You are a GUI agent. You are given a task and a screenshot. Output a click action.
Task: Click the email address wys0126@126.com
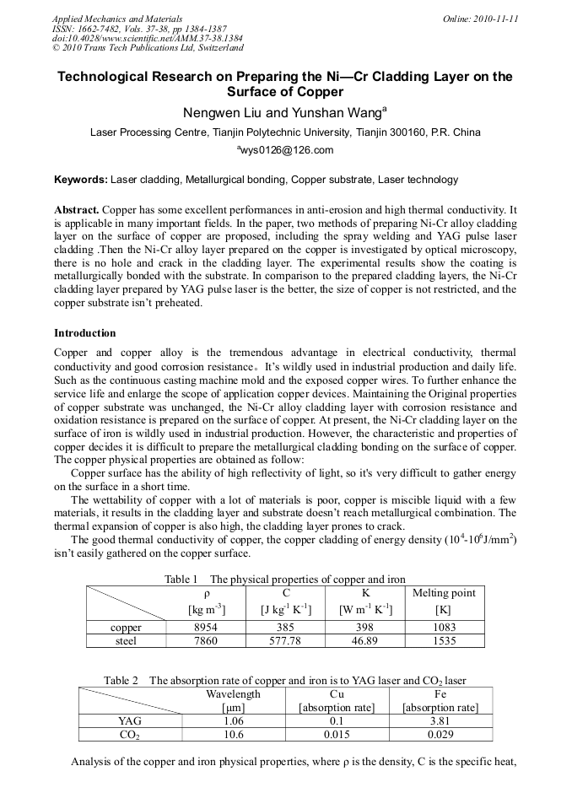pos(286,150)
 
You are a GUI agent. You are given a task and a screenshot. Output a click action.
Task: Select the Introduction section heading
pos(85,333)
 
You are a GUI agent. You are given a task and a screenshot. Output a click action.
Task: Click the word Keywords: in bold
pos(81,180)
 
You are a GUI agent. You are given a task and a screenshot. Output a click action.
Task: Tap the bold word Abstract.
pos(77,209)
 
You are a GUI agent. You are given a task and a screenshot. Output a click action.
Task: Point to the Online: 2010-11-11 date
pos(480,19)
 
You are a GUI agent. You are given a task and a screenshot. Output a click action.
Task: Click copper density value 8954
pos(207,628)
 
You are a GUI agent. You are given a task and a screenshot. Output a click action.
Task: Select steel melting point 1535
pos(444,641)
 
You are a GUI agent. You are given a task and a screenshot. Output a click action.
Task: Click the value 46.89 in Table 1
pos(365,641)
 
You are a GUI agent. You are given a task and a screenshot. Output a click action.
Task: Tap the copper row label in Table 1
pos(127,628)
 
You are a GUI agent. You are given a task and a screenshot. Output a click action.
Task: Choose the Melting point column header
pos(444,593)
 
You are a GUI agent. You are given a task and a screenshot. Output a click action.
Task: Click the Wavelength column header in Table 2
pos(233,694)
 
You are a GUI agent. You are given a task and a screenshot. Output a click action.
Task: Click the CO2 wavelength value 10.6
pos(233,735)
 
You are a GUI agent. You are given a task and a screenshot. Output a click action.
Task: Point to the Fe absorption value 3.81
pos(440,721)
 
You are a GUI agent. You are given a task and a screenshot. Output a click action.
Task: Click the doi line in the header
pos(148,38)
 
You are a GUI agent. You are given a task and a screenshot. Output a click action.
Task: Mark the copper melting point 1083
pos(444,628)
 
